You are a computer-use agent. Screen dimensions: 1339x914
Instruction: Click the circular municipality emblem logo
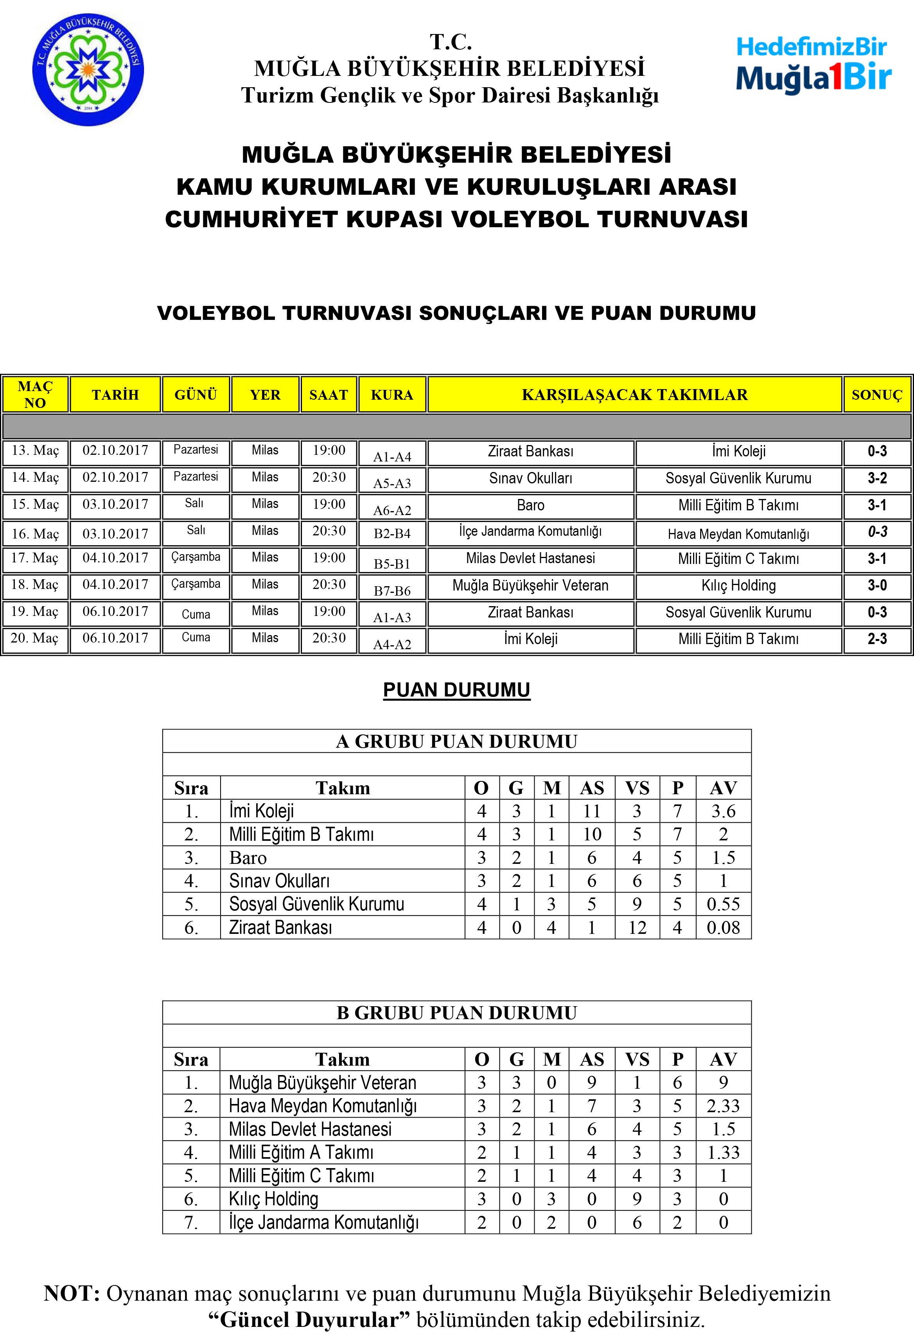pos(88,70)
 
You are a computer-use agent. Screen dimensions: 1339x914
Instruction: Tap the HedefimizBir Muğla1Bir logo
pos(813,65)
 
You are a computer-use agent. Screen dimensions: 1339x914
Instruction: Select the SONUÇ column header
pos(876,395)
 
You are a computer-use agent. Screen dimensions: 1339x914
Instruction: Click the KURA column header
pos(392,395)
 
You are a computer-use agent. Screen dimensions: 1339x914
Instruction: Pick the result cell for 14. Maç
pos(876,478)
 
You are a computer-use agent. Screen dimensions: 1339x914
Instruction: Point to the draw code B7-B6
pos(392,591)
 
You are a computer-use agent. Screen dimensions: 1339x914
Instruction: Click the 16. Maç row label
pos(35,533)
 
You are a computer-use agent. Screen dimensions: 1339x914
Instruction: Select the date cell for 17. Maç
pos(115,558)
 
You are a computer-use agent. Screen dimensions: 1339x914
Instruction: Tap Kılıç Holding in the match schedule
pos(738,585)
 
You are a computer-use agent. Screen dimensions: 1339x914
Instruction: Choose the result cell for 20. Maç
pos(876,639)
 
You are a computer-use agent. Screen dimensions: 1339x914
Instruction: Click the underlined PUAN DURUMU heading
pos(456,690)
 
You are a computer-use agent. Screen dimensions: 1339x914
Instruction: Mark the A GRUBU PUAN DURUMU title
pos(456,741)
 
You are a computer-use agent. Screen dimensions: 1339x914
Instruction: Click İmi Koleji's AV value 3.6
pos(723,811)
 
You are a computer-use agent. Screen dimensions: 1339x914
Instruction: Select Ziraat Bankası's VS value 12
pos(637,928)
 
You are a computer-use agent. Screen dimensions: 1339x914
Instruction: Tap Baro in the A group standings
pos(248,858)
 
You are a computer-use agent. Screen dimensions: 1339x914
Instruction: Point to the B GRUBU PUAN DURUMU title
pos(456,1013)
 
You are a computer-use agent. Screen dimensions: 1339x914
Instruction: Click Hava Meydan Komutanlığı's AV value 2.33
pos(723,1106)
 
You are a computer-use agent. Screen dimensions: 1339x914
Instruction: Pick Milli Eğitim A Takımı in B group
pos(301,1152)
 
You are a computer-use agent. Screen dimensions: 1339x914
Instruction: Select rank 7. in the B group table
pos(191,1222)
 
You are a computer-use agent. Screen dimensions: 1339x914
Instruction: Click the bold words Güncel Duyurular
pos(309,1319)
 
